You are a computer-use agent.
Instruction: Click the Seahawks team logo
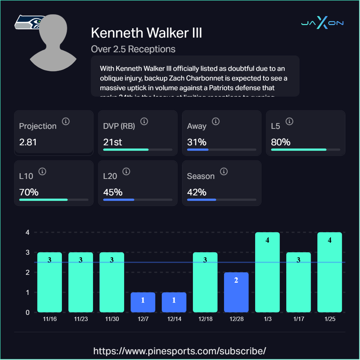click(x=25, y=23)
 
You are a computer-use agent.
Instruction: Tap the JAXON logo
click(x=322, y=23)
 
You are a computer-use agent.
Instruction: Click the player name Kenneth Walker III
click(x=146, y=33)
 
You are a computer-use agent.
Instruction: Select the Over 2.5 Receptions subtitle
click(x=133, y=49)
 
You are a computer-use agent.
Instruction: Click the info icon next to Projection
click(x=65, y=121)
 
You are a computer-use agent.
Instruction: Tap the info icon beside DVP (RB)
click(x=144, y=121)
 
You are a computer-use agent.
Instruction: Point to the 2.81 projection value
click(x=28, y=142)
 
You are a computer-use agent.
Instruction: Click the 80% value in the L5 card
click(x=281, y=142)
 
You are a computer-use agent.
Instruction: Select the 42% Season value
click(x=196, y=192)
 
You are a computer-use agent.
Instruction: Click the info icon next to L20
click(x=126, y=171)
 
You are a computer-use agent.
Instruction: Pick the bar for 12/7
click(x=143, y=302)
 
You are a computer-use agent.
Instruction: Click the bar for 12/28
click(x=236, y=292)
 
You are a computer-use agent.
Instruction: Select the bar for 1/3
click(x=267, y=272)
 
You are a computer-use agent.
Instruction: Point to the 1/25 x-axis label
click(x=330, y=319)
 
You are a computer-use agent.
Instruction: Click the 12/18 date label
click(x=205, y=319)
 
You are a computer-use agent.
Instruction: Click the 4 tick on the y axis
click(x=27, y=232)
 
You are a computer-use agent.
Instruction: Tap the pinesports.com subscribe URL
click(x=180, y=350)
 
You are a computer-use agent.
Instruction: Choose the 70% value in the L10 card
click(x=29, y=192)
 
